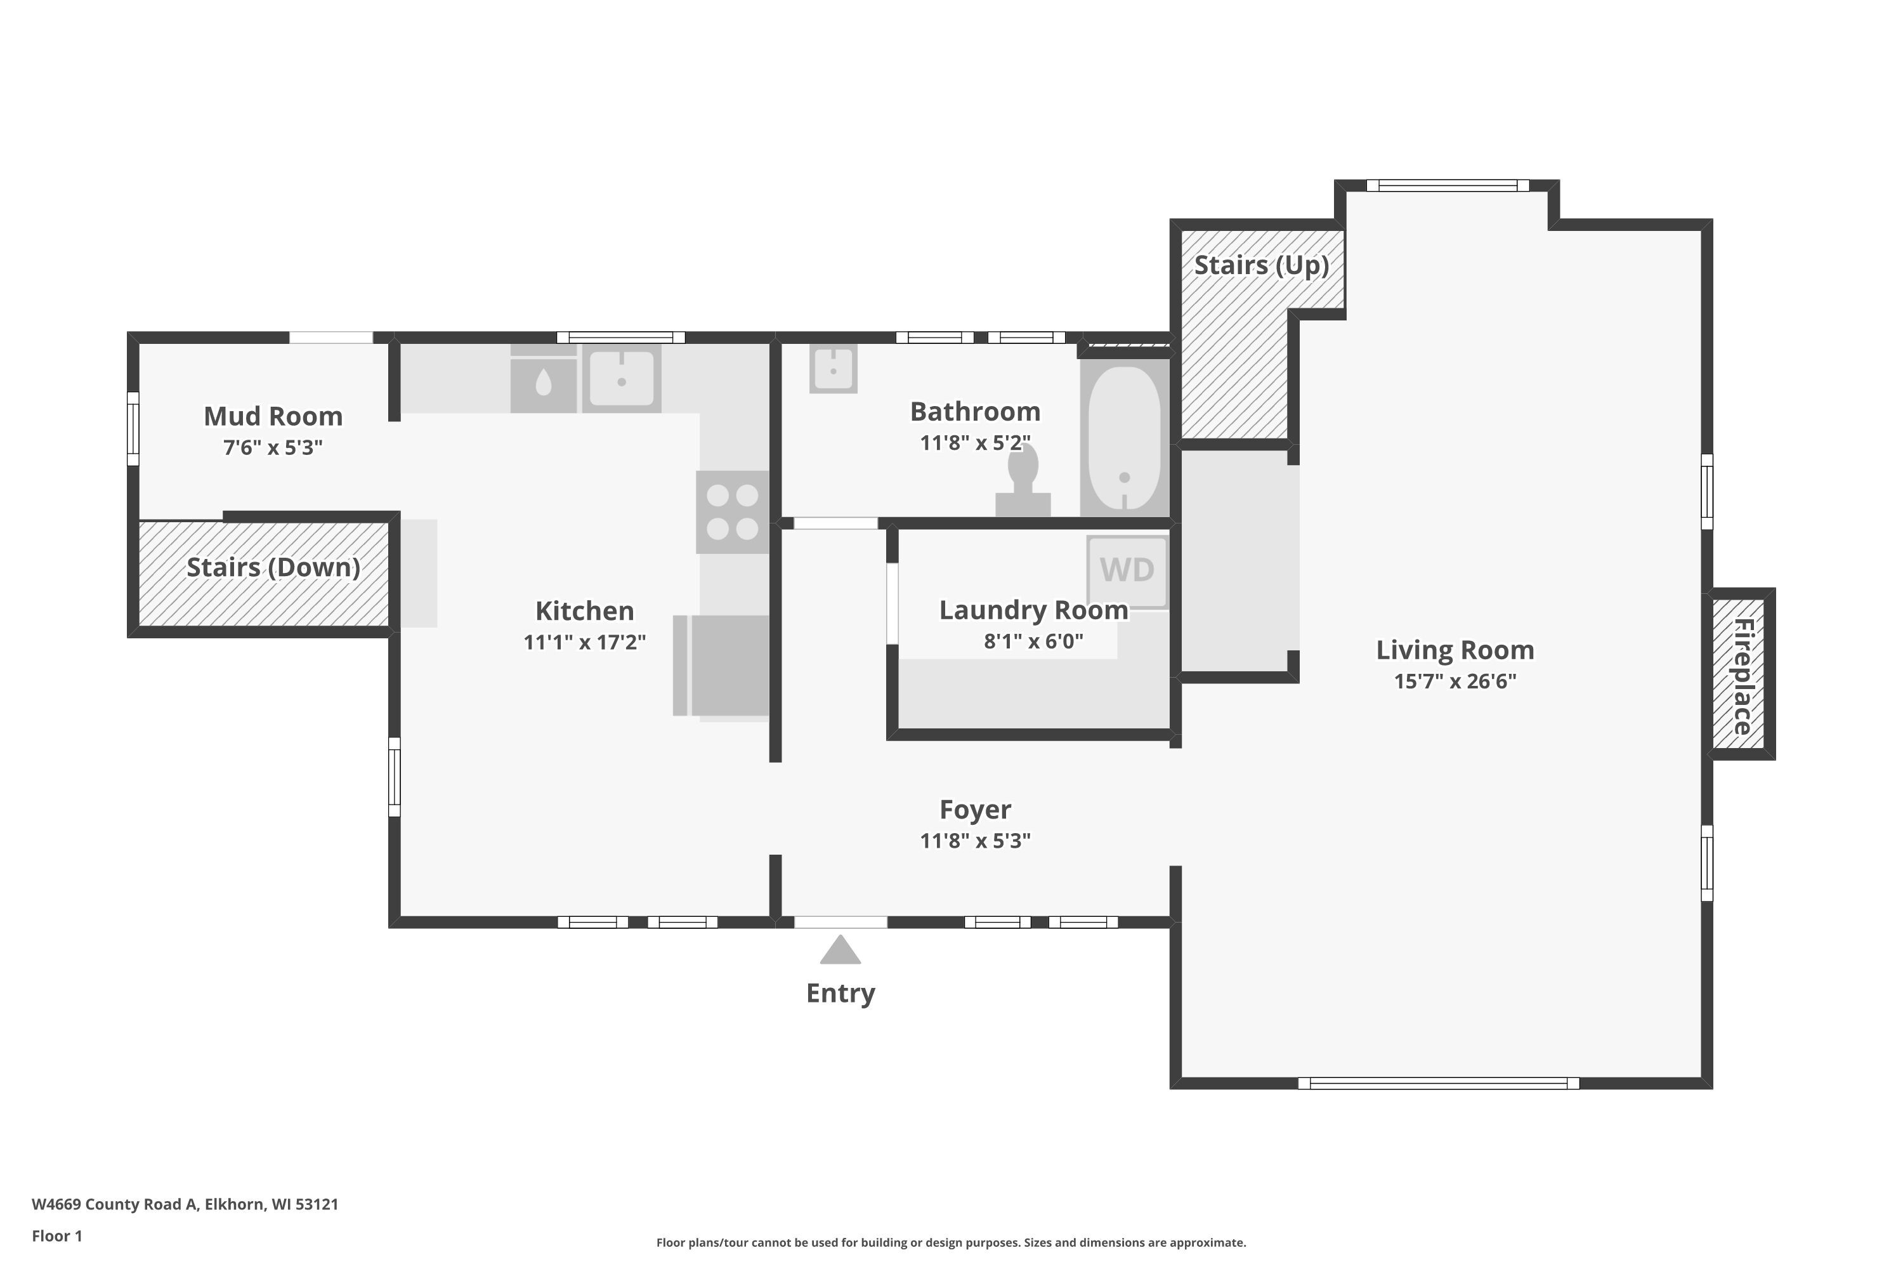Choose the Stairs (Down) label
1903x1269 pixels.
pyautogui.click(x=273, y=567)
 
